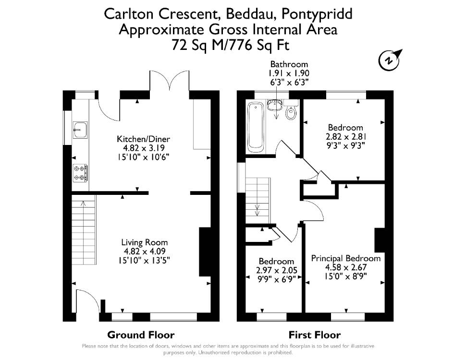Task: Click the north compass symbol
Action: click(x=390, y=60)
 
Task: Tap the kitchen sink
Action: click(x=80, y=130)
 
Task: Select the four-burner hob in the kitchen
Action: click(x=80, y=173)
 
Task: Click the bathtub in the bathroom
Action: click(x=255, y=127)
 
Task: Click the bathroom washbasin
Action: click(x=274, y=105)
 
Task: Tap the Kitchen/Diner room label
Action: click(x=143, y=139)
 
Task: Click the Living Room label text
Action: click(x=145, y=242)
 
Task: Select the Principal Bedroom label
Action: click(x=346, y=258)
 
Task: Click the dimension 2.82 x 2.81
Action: click(x=346, y=137)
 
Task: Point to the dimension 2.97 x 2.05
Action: click(x=277, y=270)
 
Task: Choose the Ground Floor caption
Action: click(x=141, y=335)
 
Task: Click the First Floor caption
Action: click(x=315, y=335)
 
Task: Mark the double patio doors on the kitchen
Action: click(x=169, y=84)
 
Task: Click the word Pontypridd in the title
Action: click(x=317, y=14)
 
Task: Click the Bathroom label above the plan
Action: click(x=289, y=64)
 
